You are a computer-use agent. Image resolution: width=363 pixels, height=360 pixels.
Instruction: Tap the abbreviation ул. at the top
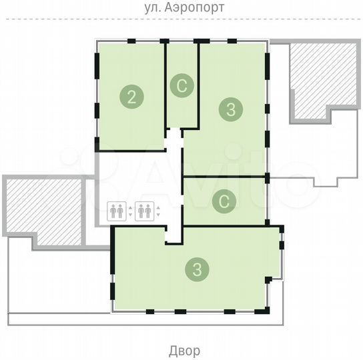(153, 8)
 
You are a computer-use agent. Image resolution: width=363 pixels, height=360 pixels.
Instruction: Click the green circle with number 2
(131, 97)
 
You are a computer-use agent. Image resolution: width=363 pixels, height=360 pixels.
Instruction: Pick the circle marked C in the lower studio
(224, 201)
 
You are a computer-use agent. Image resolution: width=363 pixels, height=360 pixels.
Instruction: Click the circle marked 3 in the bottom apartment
(196, 269)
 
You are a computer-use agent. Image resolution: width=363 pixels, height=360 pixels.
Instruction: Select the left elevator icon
(116, 211)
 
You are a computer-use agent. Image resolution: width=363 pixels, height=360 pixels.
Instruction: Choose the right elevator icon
(143, 211)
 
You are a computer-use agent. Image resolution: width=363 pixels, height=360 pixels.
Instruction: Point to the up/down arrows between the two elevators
(129, 211)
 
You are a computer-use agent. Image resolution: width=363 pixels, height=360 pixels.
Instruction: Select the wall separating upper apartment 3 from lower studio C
(224, 177)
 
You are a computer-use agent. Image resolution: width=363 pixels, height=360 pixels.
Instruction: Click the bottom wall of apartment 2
(130, 151)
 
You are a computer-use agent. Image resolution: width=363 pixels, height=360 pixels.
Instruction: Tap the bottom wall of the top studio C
(181, 129)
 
